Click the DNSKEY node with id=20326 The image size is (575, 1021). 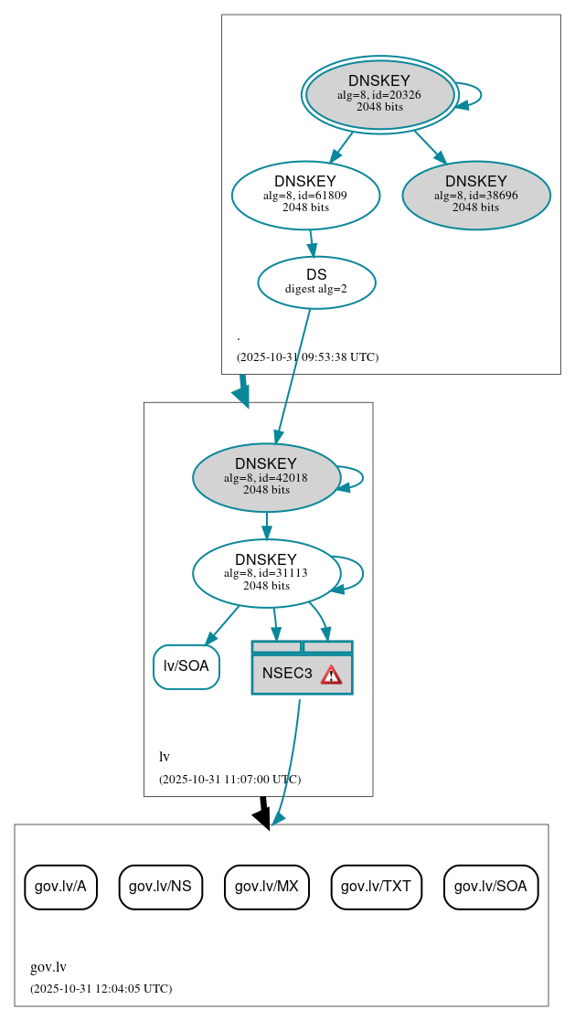(379, 94)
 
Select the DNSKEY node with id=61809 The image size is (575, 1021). (305, 195)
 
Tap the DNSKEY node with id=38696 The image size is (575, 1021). (476, 195)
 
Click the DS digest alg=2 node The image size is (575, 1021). (316, 282)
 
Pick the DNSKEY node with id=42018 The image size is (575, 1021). (266, 477)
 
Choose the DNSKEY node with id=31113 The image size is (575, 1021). (266, 573)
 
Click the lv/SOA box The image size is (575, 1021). (186, 666)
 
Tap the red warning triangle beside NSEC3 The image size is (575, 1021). (331, 675)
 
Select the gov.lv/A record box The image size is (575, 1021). (60, 887)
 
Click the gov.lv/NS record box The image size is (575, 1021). (160, 887)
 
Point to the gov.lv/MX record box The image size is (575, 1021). (267, 887)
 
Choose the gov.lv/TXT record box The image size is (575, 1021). (376, 887)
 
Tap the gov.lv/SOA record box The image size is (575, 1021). (491, 887)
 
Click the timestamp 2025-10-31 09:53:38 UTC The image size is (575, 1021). (307, 357)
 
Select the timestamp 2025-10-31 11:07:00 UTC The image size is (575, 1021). (229, 780)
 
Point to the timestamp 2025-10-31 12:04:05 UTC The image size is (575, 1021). (101, 989)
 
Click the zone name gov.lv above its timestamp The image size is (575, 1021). (48, 968)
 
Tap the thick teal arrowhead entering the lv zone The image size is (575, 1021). (241, 395)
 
